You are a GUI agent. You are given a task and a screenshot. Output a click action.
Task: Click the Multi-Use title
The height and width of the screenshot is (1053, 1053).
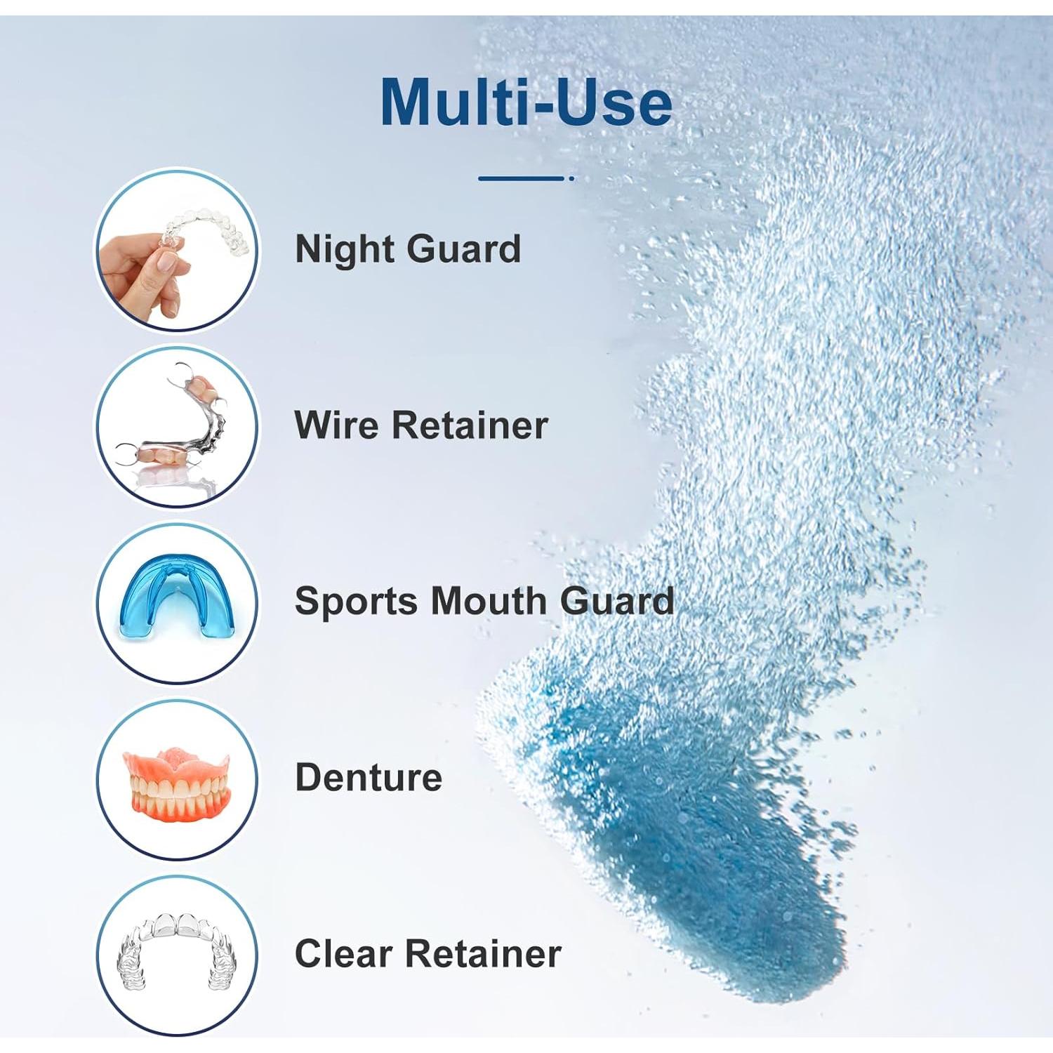pyautogui.click(x=526, y=102)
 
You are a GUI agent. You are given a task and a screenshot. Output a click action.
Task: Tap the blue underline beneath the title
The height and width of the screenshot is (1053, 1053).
pyautogui.click(x=523, y=178)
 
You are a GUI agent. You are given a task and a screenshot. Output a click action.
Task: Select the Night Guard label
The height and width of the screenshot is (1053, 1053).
pyautogui.click(x=408, y=249)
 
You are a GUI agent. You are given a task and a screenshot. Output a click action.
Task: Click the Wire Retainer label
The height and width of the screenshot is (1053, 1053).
pyautogui.click(x=421, y=425)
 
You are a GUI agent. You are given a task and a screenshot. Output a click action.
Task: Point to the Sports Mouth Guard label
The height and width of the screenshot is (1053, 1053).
pyautogui.click(x=484, y=602)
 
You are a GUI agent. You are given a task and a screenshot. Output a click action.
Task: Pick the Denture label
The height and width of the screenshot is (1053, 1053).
pyautogui.click(x=369, y=778)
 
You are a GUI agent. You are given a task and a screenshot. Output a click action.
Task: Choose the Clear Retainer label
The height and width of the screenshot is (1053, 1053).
pyautogui.click(x=428, y=954)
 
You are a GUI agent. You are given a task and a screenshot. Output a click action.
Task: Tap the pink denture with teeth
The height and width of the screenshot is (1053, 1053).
pyautogui.click(x=177, y=783)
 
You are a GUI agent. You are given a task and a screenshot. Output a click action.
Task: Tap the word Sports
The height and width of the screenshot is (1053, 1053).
pyautogui.click(x=356, y=602)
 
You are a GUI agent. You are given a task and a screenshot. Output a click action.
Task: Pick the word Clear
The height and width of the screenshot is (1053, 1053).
pyautogui.click(x=344, y=954)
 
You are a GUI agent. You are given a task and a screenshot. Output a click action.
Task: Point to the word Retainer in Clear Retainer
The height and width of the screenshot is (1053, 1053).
pyautogui.click(x=484, y=954)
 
